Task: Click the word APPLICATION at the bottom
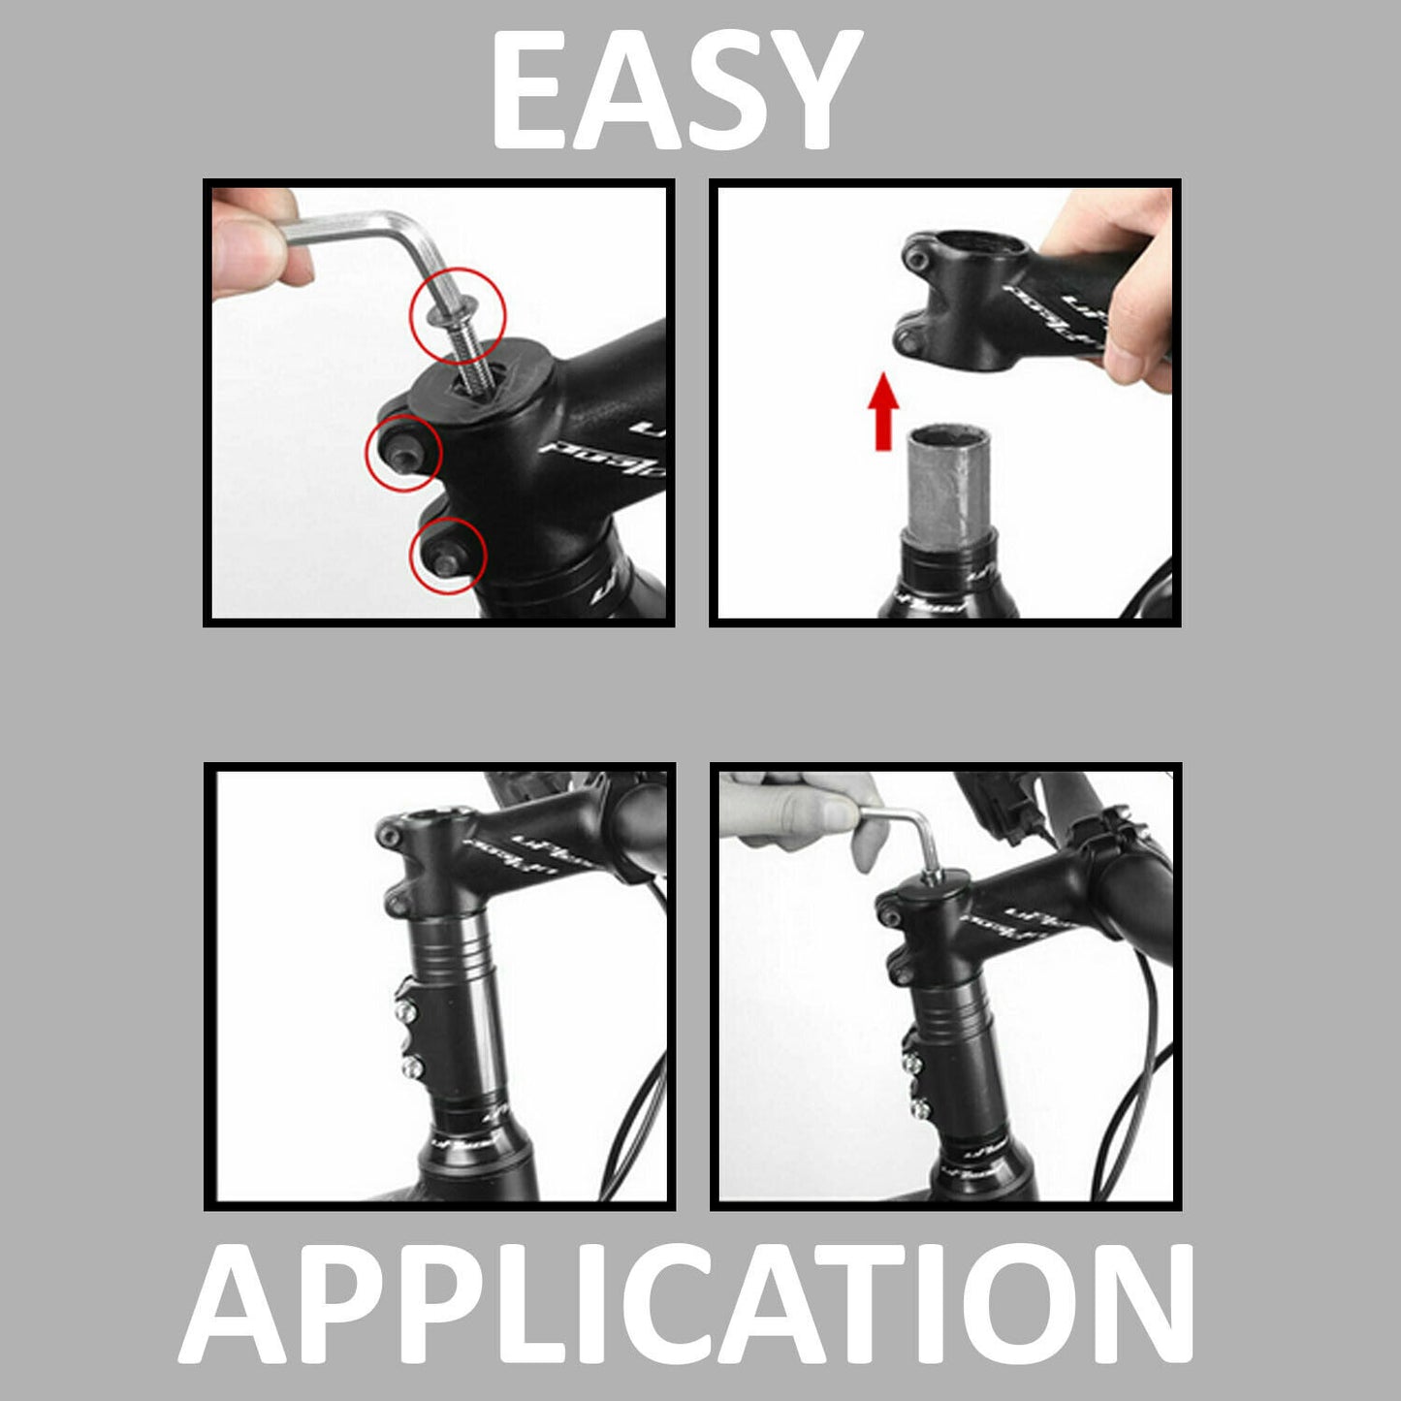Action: pos(685,1304)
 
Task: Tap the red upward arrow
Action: pos(882,413)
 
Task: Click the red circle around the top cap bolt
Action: pos(458,312)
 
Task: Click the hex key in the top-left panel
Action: pos(368,233)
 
